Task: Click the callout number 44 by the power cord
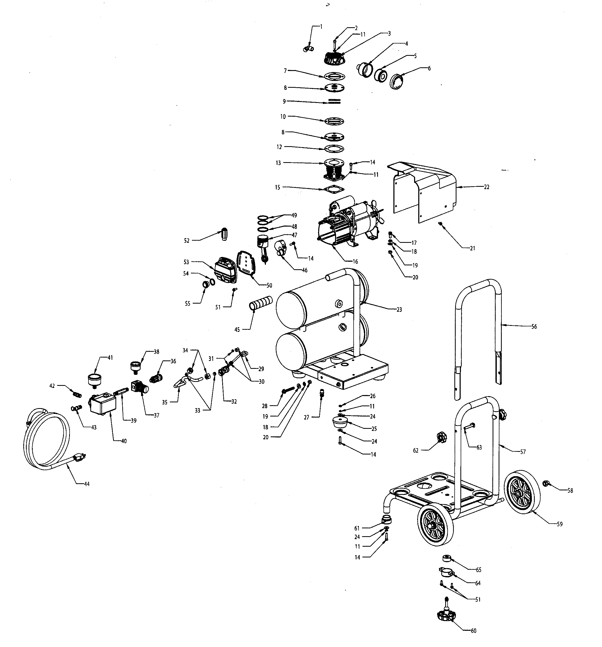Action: click(x=87, y=484)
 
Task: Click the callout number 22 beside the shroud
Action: click(x=487, y=187)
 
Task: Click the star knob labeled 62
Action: click(x=441, y=436)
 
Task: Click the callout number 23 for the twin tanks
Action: click(x=399, y=310)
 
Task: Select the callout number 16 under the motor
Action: click(x=355, y=262)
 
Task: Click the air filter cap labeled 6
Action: click(x=397, y=81)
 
